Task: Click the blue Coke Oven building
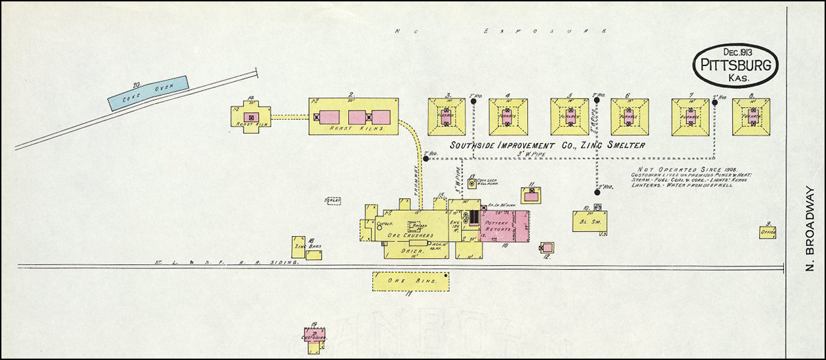point(148,92)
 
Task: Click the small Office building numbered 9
point(767,233)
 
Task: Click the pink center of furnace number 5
point(569,116)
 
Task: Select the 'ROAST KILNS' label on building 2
point(351,129)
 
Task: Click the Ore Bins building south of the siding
point(411,281)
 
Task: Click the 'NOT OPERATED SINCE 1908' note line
point(679,169)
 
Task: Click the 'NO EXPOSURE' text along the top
point(502,31)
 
